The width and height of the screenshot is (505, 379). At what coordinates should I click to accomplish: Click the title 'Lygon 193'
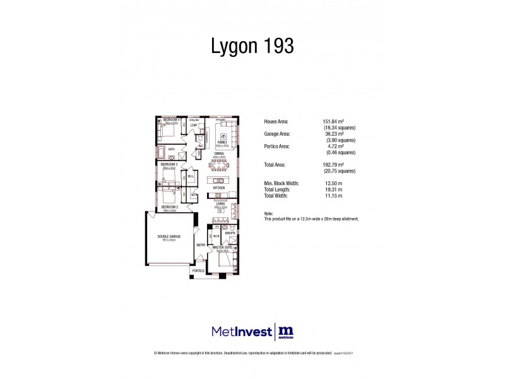coord(252,46)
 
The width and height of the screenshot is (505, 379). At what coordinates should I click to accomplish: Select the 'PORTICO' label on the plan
coord(198,271)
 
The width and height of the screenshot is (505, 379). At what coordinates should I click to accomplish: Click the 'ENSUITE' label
coord(230,233)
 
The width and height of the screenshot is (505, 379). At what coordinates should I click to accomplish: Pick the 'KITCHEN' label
coord(219,188)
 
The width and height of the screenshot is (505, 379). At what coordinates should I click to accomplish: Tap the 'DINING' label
coord(219,153)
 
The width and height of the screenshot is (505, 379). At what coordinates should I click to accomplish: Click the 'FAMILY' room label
coord(222,143)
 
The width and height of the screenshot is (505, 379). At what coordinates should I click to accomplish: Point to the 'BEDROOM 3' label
coord(169,165)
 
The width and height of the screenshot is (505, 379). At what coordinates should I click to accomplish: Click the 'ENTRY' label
coord(201,245)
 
